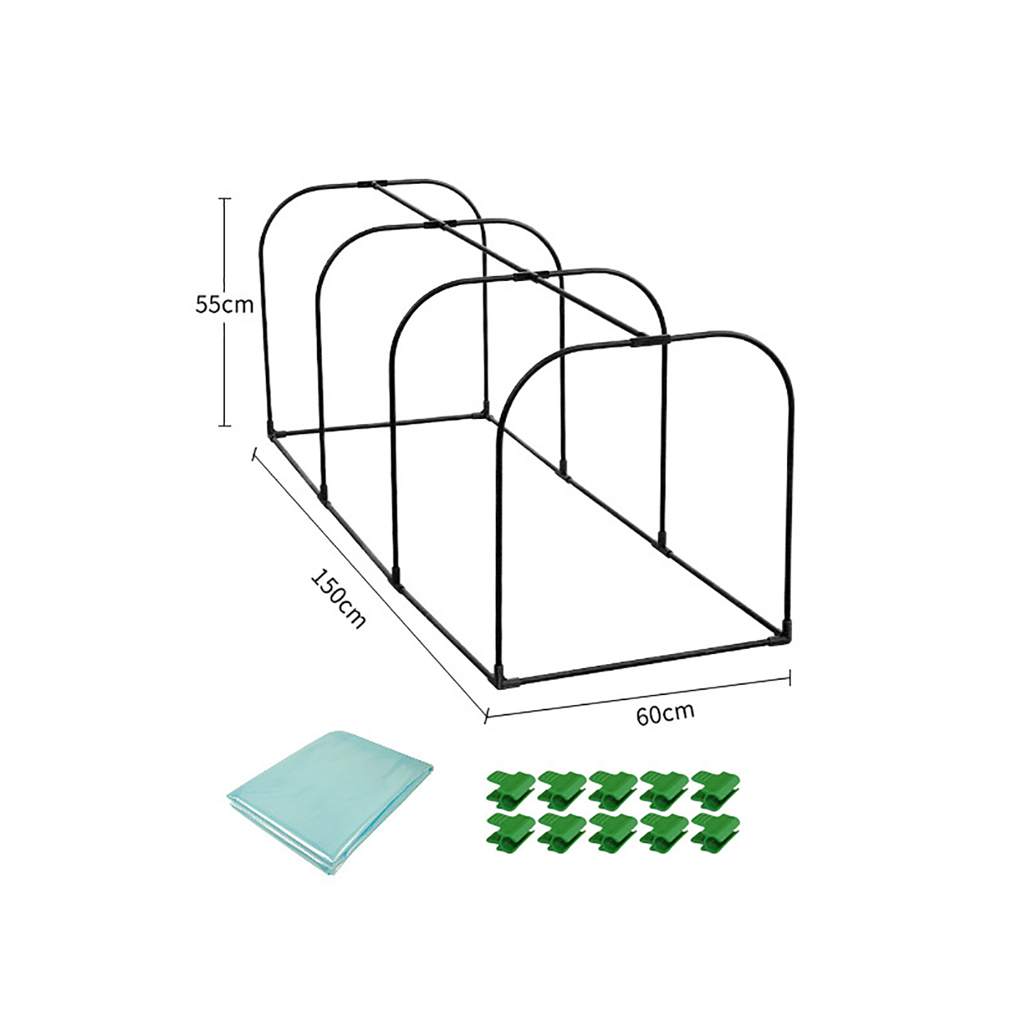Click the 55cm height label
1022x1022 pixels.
coord(224,305)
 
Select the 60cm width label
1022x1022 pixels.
coord(665,713)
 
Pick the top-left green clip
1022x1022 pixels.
coord(510,789)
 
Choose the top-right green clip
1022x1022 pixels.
coord(715,789)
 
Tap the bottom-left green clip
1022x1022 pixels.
coord(510,833)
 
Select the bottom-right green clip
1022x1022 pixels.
coord(715,833)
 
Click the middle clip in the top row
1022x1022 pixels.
coord(613,789)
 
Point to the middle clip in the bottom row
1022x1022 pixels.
coord(613,833)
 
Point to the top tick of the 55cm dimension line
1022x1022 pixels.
coord(224,199)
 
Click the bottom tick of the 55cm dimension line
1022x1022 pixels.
coord(224,425)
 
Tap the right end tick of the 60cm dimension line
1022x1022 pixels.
coord(790,678)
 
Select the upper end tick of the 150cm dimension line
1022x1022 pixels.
coord(255,454)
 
